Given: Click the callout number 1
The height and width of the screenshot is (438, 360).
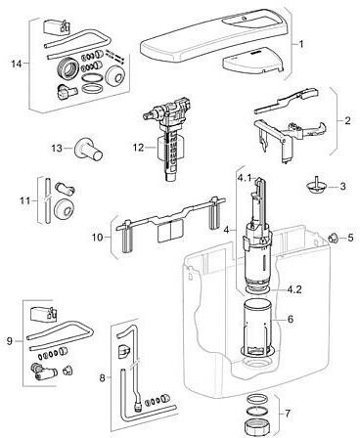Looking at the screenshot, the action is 301,44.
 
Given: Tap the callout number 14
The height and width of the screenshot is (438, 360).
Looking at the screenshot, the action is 17,64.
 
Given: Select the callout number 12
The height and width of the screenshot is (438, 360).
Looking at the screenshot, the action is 138,148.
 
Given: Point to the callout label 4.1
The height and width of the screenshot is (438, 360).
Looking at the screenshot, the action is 244,178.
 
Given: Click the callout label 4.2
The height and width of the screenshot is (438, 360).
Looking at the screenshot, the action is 294,289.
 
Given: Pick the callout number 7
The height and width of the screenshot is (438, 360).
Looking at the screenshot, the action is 287,414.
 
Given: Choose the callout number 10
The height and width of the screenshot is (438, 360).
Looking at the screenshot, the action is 97,238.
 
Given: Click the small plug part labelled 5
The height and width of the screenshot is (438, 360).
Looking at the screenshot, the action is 333,238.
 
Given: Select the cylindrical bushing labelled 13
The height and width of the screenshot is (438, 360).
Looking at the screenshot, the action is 89,150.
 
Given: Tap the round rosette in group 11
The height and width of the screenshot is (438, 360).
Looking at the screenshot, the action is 64,206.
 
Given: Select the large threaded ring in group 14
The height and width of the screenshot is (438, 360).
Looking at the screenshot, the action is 67,69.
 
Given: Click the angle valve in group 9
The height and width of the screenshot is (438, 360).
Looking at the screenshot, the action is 43,372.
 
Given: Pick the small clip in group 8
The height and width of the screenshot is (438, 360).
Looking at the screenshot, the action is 123,351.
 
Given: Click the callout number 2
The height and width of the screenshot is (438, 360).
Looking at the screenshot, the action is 348,121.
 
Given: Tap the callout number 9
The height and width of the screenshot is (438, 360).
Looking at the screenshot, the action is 10,341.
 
